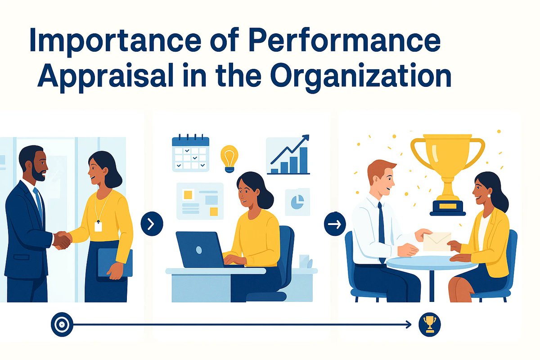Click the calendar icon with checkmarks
click(190, 153)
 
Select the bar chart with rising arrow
click(288, 155)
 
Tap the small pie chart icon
click(297, 201)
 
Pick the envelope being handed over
click(436, 241)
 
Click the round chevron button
click(152, 224)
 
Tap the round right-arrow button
click(335, 224)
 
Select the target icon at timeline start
click(62, 324)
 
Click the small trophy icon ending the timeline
click(429, 324)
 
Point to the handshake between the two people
click(62, 239)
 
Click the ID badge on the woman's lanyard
click(98, 226)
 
